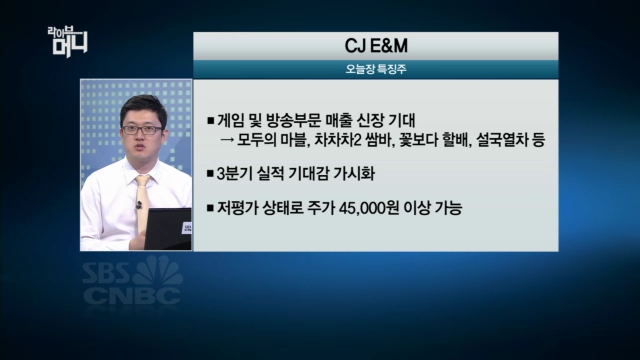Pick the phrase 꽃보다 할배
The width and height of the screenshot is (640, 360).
click(x=433, y=140)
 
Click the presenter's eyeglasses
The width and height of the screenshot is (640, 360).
click(x=141, y=128)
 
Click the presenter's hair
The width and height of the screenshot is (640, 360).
click(x=141, y=106)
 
